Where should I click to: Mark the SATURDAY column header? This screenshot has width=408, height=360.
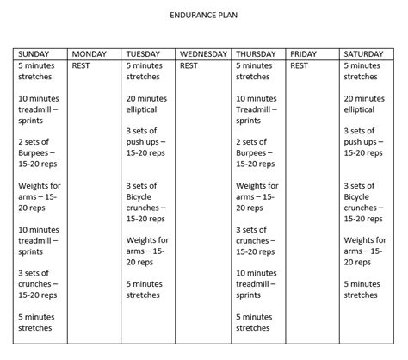tap(366, 53)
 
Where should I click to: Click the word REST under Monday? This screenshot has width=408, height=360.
tap(82, 65)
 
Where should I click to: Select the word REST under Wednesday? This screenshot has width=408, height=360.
tap(189, 65)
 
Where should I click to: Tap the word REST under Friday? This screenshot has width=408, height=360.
tap(300, 65)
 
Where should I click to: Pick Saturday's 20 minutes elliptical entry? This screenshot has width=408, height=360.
tap(366, 104)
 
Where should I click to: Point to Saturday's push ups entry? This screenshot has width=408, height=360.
tap(366, 141)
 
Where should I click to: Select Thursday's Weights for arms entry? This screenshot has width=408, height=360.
tap(257, 196)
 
